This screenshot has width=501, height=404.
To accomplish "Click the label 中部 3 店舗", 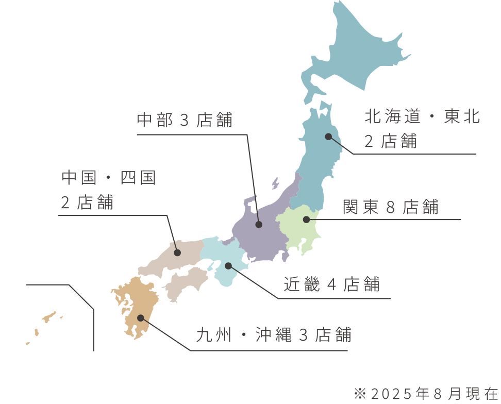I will [x=185, y=121].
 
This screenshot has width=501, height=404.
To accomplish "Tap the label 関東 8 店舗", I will [x=391, y=207].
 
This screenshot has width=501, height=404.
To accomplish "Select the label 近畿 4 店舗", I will [x=331, y=284].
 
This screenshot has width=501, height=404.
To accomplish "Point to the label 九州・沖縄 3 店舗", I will [x=274, y=335].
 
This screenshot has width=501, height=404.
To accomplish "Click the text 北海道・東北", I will [x=422, y=117].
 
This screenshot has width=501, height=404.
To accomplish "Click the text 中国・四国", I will [x=108, y=178].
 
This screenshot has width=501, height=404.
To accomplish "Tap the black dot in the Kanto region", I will [x=306, y=220].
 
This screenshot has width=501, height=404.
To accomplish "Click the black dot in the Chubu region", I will [x=259, y=225].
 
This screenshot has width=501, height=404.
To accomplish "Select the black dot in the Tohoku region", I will [x=328, y=137].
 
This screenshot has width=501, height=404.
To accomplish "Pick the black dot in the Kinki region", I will [x=228, y=266].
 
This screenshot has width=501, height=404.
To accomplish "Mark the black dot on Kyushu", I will [x=140, y=318].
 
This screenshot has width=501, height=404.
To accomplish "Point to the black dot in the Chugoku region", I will [x=177, y=252].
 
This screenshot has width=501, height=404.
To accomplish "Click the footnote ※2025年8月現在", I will [x=426, y=394].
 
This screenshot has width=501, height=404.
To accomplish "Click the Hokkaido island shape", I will [x=356, y=57].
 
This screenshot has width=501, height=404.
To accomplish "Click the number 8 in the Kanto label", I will [x=390, y=208].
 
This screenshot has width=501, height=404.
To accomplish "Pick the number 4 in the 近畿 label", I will [x=331, y=285].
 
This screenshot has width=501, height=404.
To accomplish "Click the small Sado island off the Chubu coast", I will [x=276, y=183].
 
